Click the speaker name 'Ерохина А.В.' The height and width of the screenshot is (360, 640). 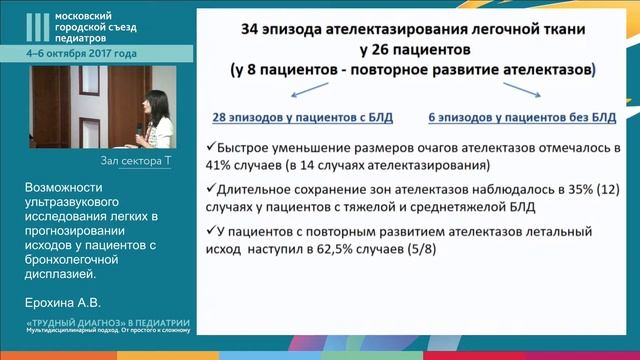pyautogui.click(x=64, y=299)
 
